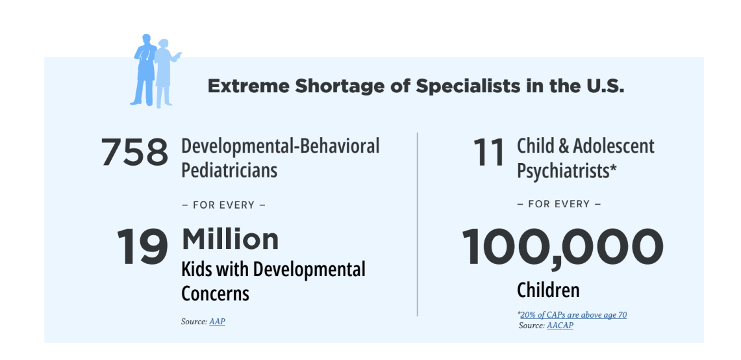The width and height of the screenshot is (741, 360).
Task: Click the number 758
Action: pyautogui.click(x=134, y=152)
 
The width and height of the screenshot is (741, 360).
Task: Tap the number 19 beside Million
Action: pyautogui.click(x=142, y=246)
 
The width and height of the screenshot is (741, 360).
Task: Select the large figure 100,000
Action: pyautogui.click(x=562, y=248)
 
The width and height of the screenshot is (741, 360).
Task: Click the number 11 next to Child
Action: pyautogui.click(x=489, y=152)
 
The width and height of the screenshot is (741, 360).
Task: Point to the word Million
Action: pyautogui.click(x=230, y=239)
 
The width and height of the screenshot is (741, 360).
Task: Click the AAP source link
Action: pyautogui.click(x=217, y=322)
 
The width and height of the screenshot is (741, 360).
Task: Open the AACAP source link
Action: pyautogui.click(x=560, y=326)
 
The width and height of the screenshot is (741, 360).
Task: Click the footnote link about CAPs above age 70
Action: pyautogui.click(x=573, y=315)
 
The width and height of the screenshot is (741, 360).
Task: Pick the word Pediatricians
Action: pyautogui.click(x=229, y=170)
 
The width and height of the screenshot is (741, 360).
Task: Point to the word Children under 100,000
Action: pyautogui.click(x=548, y=290)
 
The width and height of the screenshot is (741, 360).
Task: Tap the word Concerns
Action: pyautogui.click(x=215, y=293)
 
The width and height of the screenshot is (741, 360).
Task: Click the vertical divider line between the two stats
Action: pyautogui.click(x=418, y=224)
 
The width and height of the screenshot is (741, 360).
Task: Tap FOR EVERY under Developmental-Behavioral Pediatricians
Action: pyautogui.click(x=223, y=205)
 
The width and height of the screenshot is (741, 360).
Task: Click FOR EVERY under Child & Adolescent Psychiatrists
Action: pyautogui.click(x=559, y=204)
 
